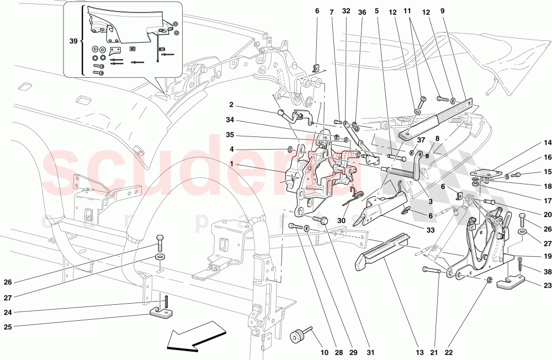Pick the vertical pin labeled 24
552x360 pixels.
tap(164, 303)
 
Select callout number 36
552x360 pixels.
tap(362, 10)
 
